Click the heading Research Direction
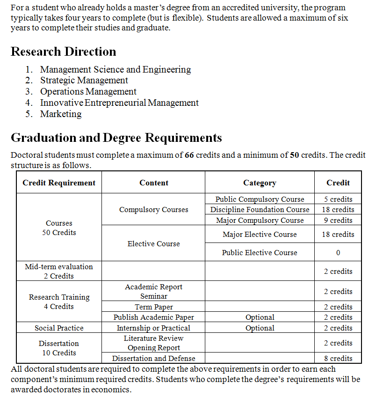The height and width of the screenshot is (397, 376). [x=63, y=51]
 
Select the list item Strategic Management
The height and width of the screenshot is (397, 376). [x=84, y=81]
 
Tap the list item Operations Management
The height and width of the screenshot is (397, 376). [x=88, y=92]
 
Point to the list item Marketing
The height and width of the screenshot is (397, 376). [x=61, y=114]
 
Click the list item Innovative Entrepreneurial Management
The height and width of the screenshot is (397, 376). [x=119, y=103]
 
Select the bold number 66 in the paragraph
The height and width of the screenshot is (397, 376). [x=189, y=155]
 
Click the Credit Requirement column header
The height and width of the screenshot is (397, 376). [x=59, y=183]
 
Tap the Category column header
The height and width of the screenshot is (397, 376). [x=260, y=183]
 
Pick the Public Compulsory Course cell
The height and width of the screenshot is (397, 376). [x=260, y=199]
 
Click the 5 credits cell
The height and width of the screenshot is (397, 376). [x=338, y=199]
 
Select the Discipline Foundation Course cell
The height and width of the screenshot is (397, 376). [x=260, y=210]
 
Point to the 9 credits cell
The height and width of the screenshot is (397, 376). [x=338, y=221]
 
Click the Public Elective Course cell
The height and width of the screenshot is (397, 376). [x=260, y=253]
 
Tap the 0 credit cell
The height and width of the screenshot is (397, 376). [x=338, y=253]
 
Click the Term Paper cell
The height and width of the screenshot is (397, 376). [x=154, y=307]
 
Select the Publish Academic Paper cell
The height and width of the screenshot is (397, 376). [x=154, y=317]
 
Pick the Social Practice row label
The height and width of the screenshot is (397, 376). [x=59, y=328]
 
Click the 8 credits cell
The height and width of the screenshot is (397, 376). [x=338, y=359]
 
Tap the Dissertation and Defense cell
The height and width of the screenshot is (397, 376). [x=154, y=359]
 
